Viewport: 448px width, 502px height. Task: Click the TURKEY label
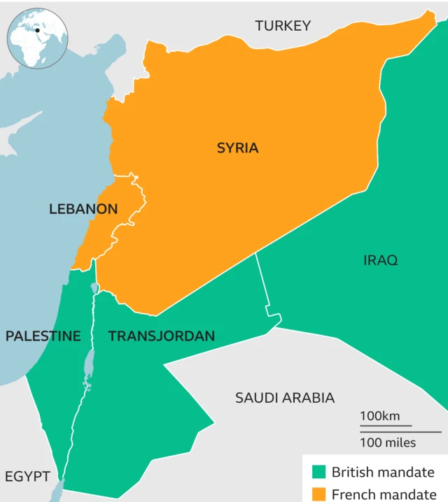coord(283,26)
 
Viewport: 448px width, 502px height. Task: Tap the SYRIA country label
coord(237,148)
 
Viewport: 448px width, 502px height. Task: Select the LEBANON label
coord(83,209)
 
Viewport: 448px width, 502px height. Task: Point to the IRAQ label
coord(380,261)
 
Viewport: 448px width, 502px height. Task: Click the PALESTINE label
coord(43,336)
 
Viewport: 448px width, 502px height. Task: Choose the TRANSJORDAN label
coord(161,336)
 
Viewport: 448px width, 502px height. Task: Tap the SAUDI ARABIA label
coord(284,398)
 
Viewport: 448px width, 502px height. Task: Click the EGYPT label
coord(27,477)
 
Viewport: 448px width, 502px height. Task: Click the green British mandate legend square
coord(320,472)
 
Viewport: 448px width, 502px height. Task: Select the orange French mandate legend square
coord(320,494)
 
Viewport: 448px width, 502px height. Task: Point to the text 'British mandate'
coord(383,472)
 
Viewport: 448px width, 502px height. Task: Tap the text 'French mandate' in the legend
coord(383,494)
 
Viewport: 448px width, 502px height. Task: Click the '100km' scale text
coord(380,416)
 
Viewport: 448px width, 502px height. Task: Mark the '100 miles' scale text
coord(387,442)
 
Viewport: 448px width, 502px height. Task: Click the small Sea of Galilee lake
coord(94,287)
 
